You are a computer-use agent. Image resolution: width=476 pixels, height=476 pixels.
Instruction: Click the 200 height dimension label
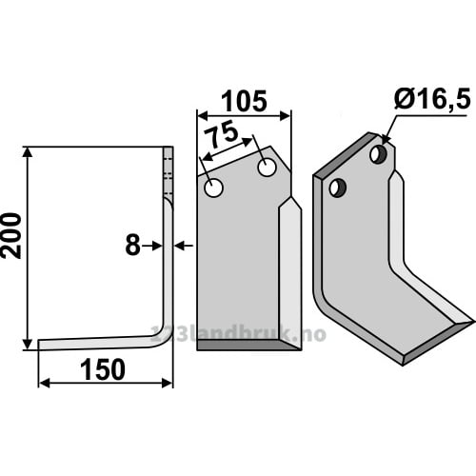tap(11, 236)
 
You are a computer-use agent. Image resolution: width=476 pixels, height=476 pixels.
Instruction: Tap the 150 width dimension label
tap(103, 369)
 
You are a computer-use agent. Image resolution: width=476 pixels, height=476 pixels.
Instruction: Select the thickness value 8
tap(132, 246)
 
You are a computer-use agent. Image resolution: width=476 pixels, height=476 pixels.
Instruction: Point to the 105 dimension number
tap(244, 102)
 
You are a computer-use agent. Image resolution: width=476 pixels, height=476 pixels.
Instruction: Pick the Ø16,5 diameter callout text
tap(432, 100)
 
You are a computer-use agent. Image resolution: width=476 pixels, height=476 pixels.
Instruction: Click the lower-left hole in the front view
tap(213, 188)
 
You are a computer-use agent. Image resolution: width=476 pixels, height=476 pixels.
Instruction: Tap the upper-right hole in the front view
tap(267, 168)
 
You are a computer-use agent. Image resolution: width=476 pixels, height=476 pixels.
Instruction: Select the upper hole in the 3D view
tap(379, 154)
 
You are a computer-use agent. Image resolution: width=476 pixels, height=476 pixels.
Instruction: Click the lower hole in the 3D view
tap(338, 188)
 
